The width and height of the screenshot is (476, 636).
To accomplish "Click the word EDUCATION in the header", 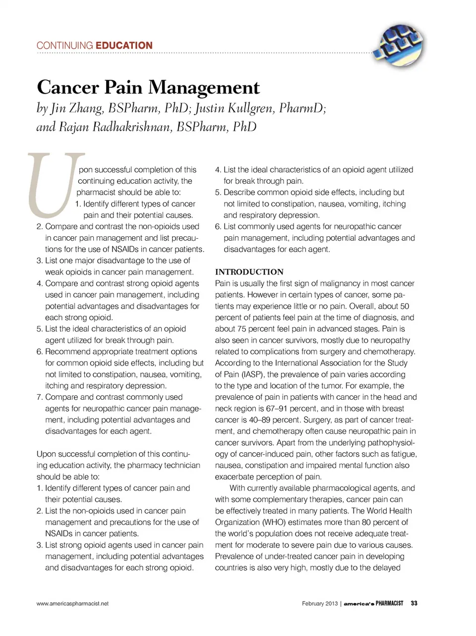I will pyautogui.click(x=124, y=46).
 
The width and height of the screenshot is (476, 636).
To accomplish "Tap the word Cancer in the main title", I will pyautogui.click(x=67, y=88).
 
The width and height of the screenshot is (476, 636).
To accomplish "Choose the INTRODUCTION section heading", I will pyautogui.click(x=249, y=272).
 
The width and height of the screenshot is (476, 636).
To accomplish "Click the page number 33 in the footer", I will pyautogui.click(x=414, y=603).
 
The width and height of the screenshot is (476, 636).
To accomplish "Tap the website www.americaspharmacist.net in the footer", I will pyautogui.click(x=72, y=603).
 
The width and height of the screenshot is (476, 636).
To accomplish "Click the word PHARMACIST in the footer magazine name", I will pyautogui.click(x=389, y=603).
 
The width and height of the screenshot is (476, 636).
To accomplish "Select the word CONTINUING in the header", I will pyautogui.click(x=64, y=46).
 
